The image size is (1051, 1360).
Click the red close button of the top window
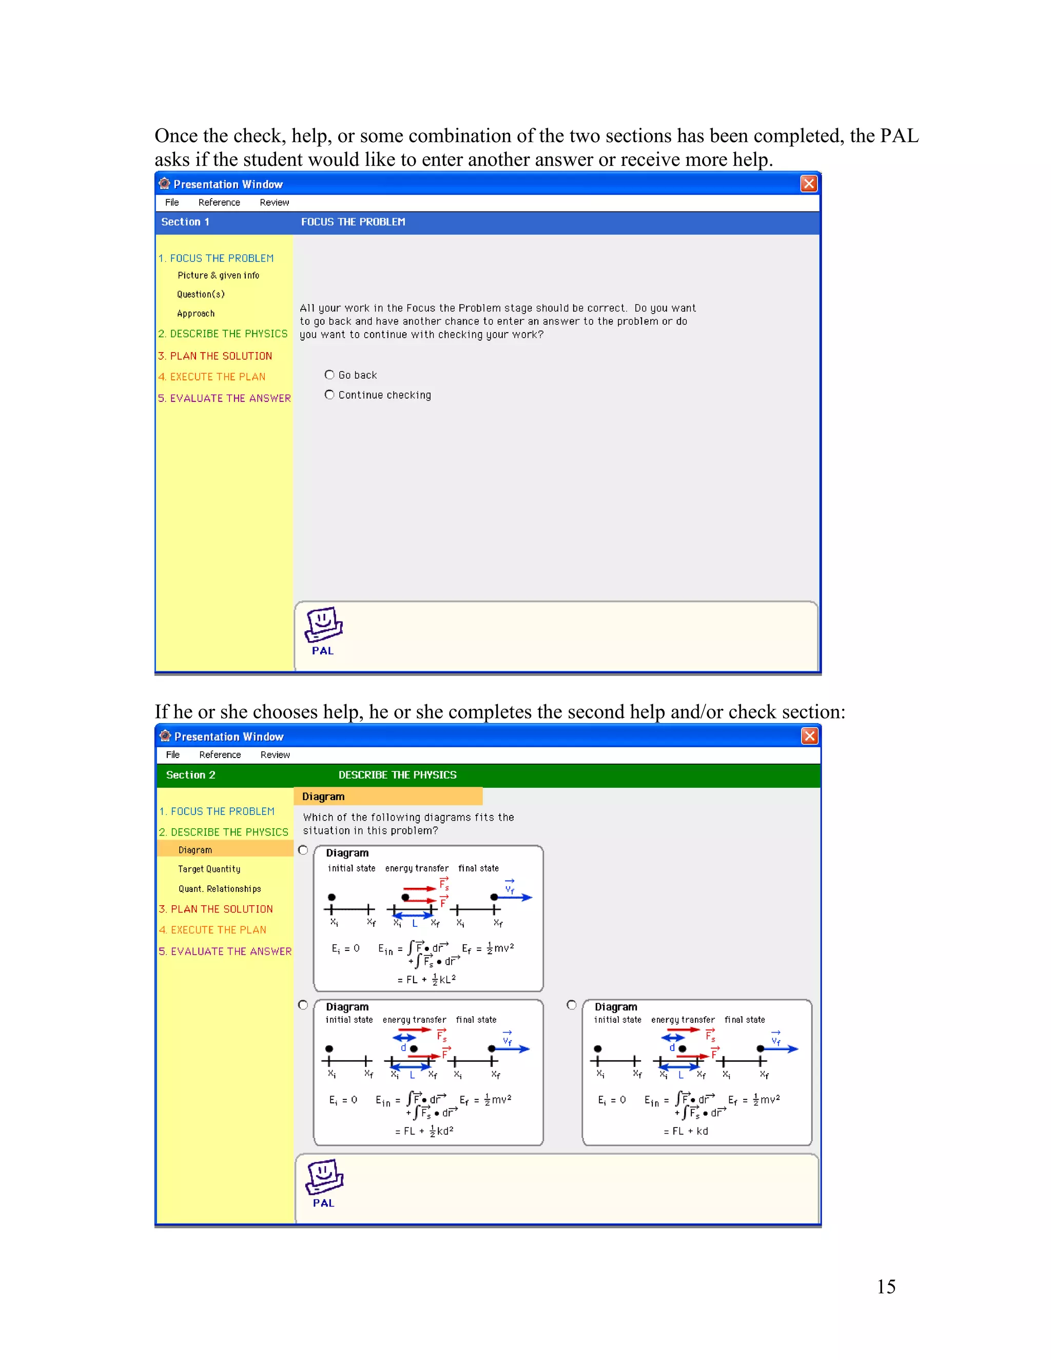(808, 184)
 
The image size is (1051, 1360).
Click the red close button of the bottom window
(809, 736)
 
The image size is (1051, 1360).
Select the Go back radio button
(329, 375)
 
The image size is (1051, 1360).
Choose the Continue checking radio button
(329, 395)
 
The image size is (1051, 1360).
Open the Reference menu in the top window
(219, 202)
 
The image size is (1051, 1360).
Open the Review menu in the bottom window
(275, 755)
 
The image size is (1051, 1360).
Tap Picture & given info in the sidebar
(218, 275)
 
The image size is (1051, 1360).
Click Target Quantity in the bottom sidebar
(209, 869)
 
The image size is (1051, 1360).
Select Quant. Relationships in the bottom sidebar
(220, 889)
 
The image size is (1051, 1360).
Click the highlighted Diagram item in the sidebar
(195, 850)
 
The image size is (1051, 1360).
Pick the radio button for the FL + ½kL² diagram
(303, 850)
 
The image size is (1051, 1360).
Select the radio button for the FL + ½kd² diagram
(303, 1005)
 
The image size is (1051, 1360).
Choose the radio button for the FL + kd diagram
(572, 1005)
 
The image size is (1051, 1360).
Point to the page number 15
(886, 1287)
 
